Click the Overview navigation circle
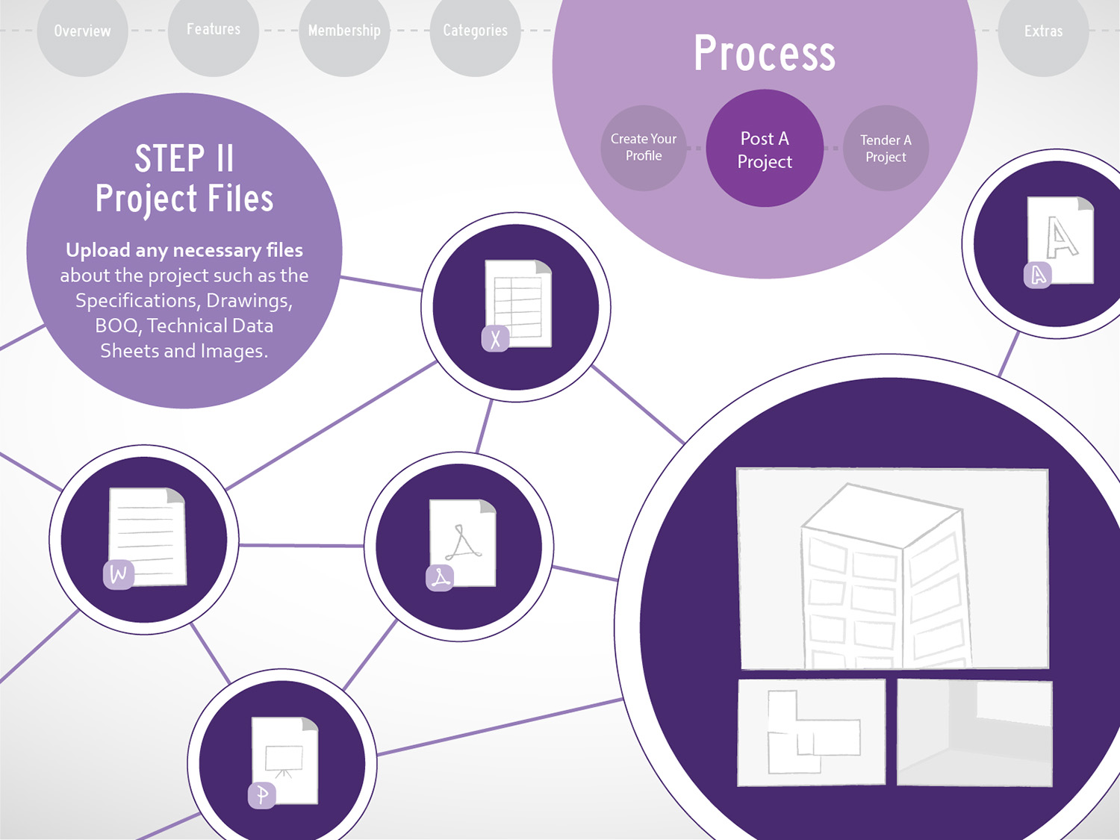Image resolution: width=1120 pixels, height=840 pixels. pyautogui.click(x=83, y=31)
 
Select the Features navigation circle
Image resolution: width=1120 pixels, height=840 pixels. pyautogui.click(x=214, y=31)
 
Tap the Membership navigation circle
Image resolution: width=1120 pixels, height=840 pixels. pyautogui.click(x=344, y=31)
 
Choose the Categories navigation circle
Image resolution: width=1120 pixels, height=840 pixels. pyautogui.click(x=475, y=31)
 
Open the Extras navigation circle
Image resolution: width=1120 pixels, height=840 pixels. pyautogui.click(x=1043, y=31)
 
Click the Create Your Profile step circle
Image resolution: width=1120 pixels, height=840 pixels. pyautogui.click(x=644, y=148)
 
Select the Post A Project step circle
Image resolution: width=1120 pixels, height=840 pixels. pyautogui.click(x=765, y=149)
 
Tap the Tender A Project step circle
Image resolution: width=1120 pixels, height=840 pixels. pyautogui.click(x=886, y=148)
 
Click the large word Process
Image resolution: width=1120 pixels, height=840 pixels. pyautogui.click(x=765, y=54)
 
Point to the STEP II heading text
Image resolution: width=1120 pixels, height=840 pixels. pyautogui.click(x=184, y=158)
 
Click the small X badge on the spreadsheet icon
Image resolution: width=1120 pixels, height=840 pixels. pyautogui.click(x=495, y=339)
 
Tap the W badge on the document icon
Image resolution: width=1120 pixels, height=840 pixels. pyautogui.click(x=119, y=575)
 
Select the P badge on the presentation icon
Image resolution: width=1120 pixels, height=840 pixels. pyautogui.click(x=262, y=795)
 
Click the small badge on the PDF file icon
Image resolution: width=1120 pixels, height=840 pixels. pyautogui.click(x=440, y=578)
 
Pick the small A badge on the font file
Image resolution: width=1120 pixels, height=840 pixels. pyautogui.click(x=1038, y=276)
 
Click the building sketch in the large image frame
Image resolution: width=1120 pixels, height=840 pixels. pyautogui.click(x=886, y=576)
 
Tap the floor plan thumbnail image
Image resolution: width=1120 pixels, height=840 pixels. pyautogui.click(x=812, y=732)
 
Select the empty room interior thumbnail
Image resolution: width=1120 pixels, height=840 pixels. pyautogui.click(x=974, y=732)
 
